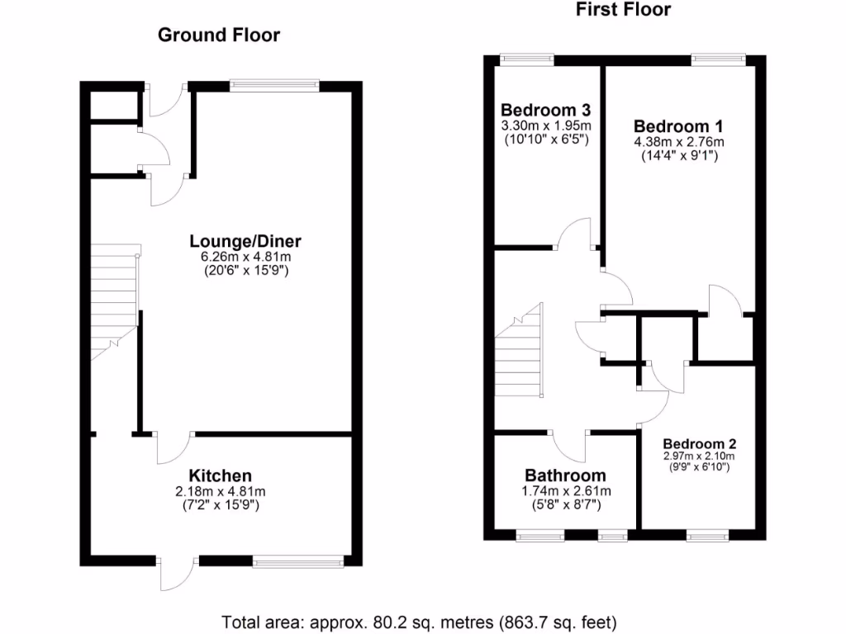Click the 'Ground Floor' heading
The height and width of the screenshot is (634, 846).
219,35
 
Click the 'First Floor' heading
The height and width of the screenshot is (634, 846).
623,10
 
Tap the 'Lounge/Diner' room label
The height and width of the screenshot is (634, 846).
245,241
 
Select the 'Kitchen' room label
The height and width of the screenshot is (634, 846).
221,475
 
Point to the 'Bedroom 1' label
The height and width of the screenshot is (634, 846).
678,126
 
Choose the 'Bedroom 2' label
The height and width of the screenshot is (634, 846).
699,442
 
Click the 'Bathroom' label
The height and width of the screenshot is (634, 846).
565,475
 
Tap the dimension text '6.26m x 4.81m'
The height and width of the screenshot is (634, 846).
245,257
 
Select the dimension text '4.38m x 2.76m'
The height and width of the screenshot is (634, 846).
678,141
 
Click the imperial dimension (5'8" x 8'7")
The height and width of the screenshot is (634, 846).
565,504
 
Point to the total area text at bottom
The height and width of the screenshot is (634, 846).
419,621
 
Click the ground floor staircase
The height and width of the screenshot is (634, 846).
113,301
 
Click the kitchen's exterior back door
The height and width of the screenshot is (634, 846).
177,573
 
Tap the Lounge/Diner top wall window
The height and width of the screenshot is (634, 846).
274,83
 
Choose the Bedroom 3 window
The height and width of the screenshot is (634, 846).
527,58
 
